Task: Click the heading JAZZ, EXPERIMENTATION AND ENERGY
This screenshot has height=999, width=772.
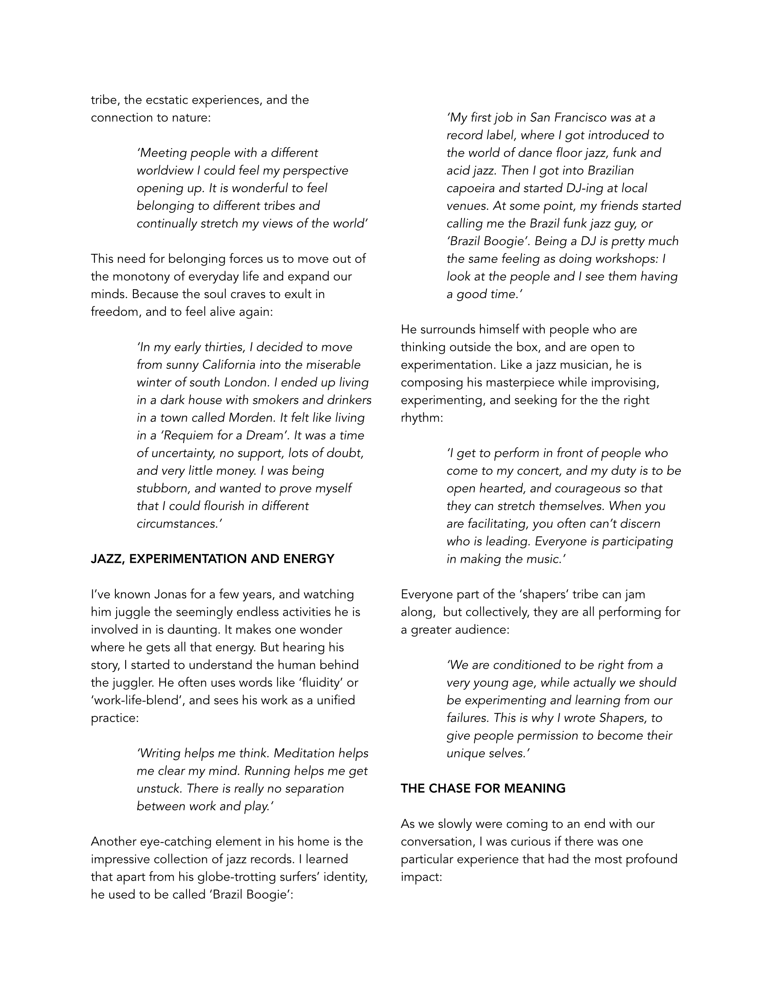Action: pyautogui.click(x=212, y=559)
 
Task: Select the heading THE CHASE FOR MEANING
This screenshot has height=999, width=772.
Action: pyautogui.click(x=483, y=788)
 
